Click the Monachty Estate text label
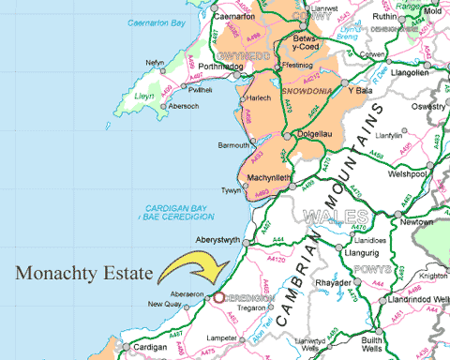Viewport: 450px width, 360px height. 82,274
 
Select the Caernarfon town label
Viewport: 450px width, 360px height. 234,17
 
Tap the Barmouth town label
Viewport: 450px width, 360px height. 233,145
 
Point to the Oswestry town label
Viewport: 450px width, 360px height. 427,105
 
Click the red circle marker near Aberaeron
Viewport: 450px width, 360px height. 218,297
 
